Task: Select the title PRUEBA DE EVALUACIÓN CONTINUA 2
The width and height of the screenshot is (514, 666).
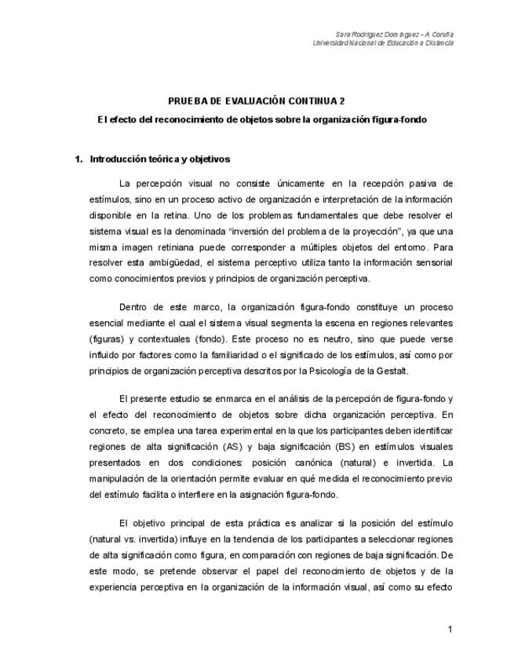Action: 257,101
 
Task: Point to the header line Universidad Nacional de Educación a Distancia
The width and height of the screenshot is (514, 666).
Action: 382,42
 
